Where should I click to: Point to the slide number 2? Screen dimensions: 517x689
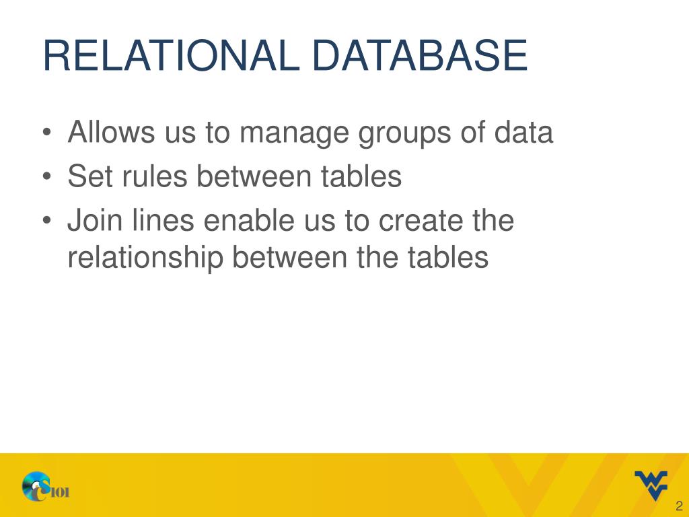(679, 506)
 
